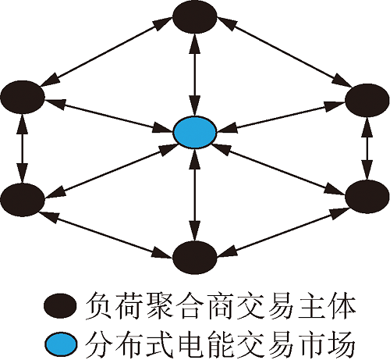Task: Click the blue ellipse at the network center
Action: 194,133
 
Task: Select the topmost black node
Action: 195,17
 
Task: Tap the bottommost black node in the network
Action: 195,258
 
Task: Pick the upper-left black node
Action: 23,97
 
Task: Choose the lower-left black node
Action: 23,200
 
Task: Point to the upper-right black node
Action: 367,100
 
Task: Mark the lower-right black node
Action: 367,197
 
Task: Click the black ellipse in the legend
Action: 60,305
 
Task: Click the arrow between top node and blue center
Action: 195,75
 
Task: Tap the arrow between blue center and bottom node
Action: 195,195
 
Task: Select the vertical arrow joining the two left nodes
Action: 22,148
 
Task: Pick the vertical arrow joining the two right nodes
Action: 367,148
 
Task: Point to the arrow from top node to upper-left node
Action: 107,52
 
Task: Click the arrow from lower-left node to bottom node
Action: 106,234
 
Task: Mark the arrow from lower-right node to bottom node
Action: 283,233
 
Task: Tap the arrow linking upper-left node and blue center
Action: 109,114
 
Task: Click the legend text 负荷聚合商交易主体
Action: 220,306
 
